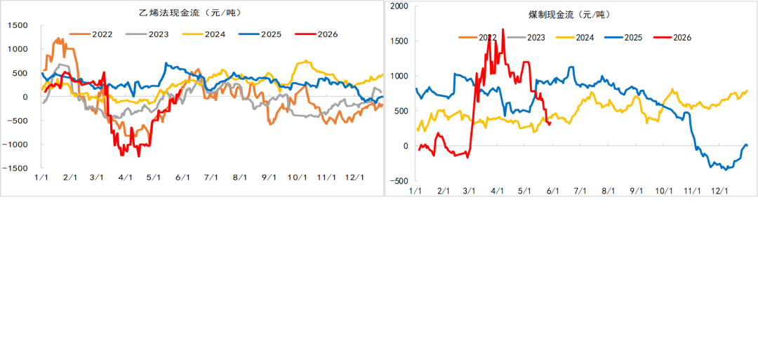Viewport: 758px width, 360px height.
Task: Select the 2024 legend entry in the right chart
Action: pyautogui.click(x=576, y=37)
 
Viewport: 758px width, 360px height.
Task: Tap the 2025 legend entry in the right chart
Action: pyautogui.click(x=624, y=37)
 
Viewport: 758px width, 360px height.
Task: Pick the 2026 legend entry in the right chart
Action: pyautogui.click(x=672, y=37)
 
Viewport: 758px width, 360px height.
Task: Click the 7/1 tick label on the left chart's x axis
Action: pyautogui.click(x=211, y=178)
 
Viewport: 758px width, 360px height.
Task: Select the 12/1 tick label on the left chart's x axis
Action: pyautogui.click(x=354, y=178)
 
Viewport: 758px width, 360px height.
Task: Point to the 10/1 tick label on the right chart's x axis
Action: pyautogui.click(x=664, y=191)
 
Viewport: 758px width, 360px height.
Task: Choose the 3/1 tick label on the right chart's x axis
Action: pyautogui.click(x=470, y=191)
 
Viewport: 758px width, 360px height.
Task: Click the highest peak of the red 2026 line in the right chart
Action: pyautogui.click(x=503, y=29)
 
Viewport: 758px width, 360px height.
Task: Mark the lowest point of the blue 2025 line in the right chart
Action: pyautogui.click(x=726, y=170)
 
